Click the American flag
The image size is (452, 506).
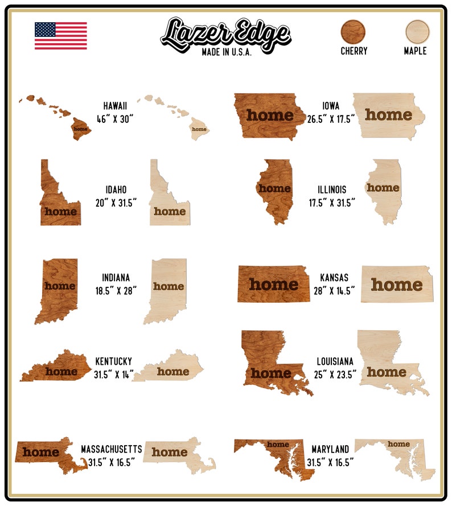60,36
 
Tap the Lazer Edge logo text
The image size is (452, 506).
225,33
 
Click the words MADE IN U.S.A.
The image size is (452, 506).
226,52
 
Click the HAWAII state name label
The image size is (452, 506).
115,106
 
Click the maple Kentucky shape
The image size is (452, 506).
171,369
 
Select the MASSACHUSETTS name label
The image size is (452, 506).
112,449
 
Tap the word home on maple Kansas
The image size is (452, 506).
397,284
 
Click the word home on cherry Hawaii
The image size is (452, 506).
80,129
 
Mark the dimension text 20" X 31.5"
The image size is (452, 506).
116,203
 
